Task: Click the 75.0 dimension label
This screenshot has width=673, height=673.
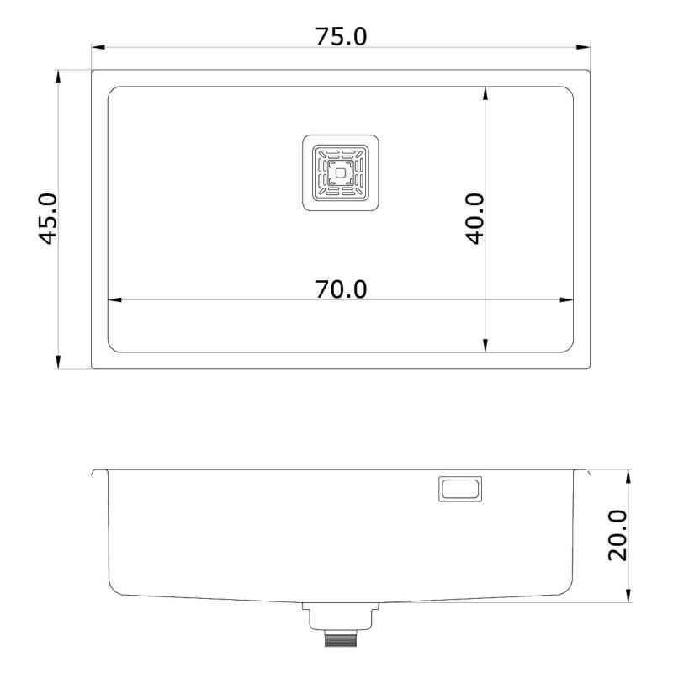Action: (341, 37)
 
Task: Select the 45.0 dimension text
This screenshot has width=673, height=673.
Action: (49, 219)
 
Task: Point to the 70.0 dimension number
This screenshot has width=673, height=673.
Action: (341, 289)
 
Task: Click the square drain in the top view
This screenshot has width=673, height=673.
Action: (340, 173)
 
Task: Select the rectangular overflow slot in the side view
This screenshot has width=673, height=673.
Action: (460, 489)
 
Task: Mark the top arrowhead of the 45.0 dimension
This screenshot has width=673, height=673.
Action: (58, 76)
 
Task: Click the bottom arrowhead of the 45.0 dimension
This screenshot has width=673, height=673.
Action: (58, 363)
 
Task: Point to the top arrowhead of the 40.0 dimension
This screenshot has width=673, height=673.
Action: (485, 93)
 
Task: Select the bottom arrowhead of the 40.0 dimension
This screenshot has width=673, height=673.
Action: (485, 346)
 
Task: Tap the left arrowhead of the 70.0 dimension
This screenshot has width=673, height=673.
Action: (114, 299)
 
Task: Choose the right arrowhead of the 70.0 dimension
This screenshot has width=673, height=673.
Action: (568, 299)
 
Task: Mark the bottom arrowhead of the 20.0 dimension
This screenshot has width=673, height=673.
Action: (628, 596)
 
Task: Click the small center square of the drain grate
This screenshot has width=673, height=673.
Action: (340, 173)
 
